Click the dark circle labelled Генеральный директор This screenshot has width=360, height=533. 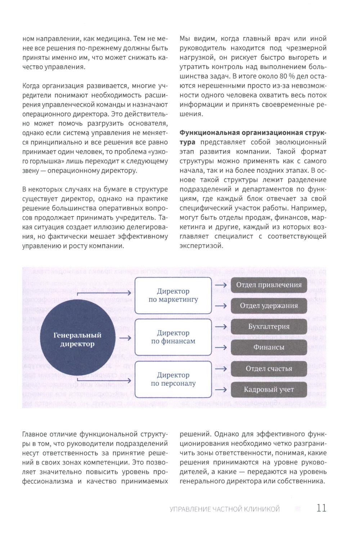pyautogui.click(x=77, y=339)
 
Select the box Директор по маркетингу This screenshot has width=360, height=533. pyautogui.click(x=173, y=295)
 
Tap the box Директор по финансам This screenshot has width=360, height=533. pyautogui.click(x=173, y=337)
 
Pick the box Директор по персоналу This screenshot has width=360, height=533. pyautogui.click(x=173, y=379)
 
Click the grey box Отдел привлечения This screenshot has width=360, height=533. pyautogui.click(x=269, y=285)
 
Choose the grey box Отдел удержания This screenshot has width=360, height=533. pyautogui.click(x=269, y=306)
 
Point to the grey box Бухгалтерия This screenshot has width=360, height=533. pyautogui.click(x=269, y=327)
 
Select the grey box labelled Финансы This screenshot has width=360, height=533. pyautogui.click(x=269, y=348)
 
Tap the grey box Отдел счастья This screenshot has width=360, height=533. pyautogui.click(x=269, y=369)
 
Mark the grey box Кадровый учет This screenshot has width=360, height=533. pyautogui.click(x=269, y=389)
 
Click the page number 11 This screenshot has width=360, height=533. pyautogui.click(x=321, y=508)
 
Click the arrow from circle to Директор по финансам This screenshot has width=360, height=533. pyautogui.click(x=125, y=338)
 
